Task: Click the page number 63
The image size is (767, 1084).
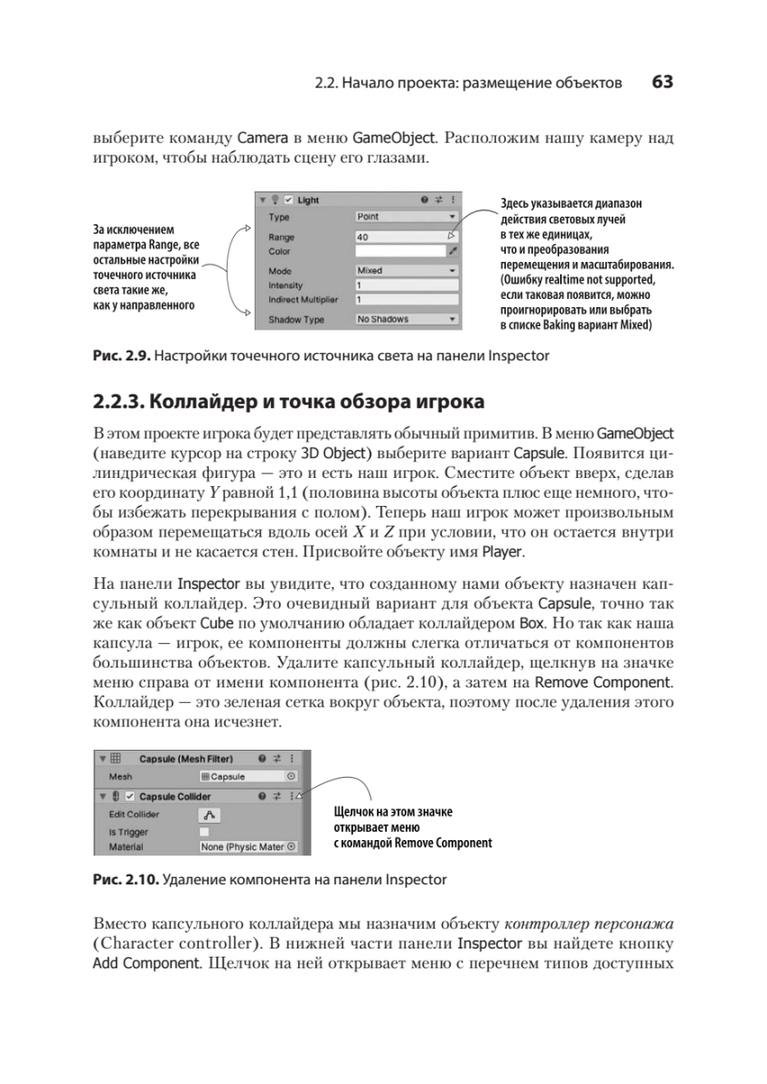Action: [662, 82]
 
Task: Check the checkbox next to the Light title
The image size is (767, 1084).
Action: [288, 200]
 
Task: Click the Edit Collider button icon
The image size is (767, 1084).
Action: [209, 814]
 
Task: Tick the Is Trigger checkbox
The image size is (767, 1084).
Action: [204, 831]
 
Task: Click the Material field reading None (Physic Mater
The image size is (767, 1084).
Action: [248, 847]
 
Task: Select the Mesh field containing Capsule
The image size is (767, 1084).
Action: [248, 776]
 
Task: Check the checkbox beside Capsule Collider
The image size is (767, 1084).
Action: [130, 796]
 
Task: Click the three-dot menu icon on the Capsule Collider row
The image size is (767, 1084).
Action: [292, 796]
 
